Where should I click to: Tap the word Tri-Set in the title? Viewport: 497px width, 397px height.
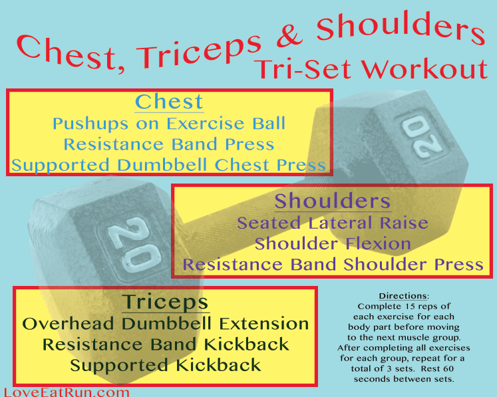tap(304, 69)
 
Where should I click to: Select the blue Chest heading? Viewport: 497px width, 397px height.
tap(169, 102)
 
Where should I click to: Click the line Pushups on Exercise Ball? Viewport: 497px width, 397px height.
tap(169, 124)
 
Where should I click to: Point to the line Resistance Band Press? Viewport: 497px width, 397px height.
tap(169, 144)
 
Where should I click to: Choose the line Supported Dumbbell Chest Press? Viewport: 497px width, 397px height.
tap(168, 165)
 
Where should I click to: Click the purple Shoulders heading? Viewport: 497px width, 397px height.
tap(333, 201)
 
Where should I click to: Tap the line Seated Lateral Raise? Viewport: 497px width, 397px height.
tap(333, 223)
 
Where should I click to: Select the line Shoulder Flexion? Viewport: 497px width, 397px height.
tap(333, 243)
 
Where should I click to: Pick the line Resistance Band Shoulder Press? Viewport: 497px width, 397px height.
tap(333, 265)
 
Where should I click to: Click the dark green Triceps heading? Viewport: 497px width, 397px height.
tap(166, 303)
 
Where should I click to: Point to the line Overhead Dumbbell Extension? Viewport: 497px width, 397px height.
tap(166, 324)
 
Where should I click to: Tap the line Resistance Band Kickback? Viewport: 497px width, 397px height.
tap(166, 344)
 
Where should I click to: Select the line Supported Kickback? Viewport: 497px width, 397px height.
tap(166, 365)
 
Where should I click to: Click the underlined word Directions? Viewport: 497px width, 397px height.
tap(403, 296)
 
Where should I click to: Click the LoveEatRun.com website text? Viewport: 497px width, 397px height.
tap(67, 392)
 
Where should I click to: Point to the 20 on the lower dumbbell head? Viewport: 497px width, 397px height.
tap(134, 245)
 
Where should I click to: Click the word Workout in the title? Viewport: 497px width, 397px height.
tap(424, 69)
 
